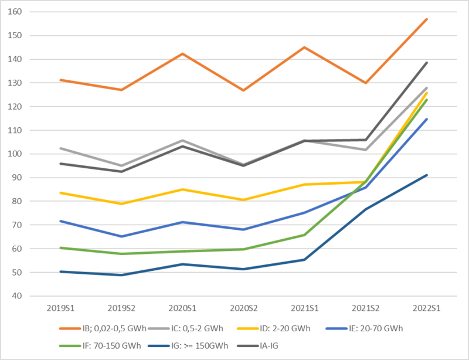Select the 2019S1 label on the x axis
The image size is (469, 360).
click(x=60, y=308)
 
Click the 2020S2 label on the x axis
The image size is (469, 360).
click(x=243, y=308)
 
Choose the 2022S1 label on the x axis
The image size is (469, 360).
click(x=426, y=308)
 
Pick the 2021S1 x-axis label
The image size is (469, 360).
click(x=304, y=308)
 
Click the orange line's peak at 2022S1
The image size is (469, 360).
click(x=426, y=19)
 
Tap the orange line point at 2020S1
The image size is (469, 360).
click(x=182, y=54)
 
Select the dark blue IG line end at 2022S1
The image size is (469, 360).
click(x=426, y=175)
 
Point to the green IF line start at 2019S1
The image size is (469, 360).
click(x=60, y=247)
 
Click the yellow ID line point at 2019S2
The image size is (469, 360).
click(x=121, y=203)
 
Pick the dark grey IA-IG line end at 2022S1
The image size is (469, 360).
click(x=426, y=63)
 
